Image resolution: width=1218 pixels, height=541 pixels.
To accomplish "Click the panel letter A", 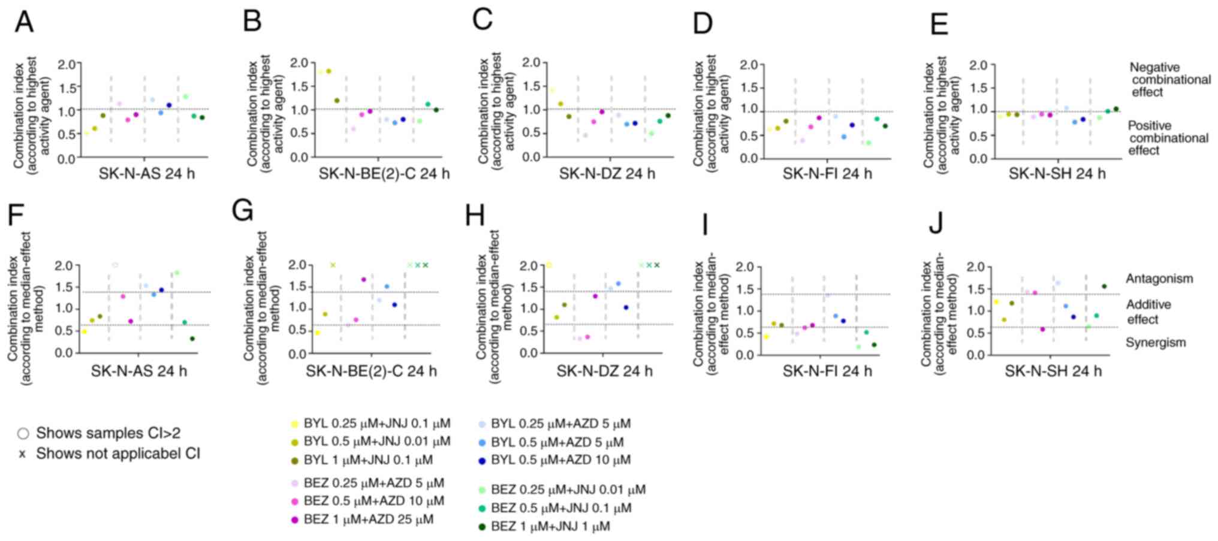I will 24,23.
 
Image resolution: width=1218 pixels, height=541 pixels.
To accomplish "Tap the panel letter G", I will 243,211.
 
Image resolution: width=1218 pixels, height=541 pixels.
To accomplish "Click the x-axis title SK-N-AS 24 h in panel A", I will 147,174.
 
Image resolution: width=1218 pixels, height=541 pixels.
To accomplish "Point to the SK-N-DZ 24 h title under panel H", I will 604,371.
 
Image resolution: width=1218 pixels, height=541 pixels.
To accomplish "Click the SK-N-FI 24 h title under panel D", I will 827,174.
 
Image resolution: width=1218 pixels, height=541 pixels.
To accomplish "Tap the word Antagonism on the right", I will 1159,279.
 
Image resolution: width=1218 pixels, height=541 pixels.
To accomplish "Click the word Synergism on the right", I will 1155,343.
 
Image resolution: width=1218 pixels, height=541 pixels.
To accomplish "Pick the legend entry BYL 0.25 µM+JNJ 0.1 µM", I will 376,424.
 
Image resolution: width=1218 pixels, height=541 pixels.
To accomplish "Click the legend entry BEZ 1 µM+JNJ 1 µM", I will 550,527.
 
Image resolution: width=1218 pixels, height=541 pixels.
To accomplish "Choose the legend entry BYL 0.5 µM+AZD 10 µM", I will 560,460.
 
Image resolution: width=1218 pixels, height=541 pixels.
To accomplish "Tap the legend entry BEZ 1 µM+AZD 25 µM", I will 368,519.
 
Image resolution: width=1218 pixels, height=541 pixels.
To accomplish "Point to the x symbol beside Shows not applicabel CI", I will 23,454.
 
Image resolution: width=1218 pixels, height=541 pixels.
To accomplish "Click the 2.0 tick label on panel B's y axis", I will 298,64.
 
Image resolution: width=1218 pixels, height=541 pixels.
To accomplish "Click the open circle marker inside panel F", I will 115,265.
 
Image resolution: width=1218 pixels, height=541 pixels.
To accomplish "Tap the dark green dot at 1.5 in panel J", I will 1104,286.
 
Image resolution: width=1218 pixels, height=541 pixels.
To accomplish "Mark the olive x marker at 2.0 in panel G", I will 333,265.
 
